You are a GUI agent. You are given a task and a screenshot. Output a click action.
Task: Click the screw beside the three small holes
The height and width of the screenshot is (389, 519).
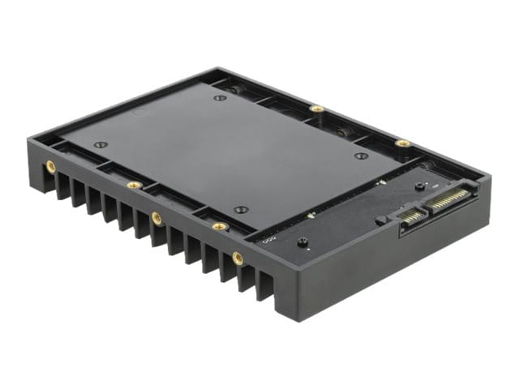coord(302,242)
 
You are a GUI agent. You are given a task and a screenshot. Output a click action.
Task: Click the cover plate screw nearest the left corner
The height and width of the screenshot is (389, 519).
coord(100,145)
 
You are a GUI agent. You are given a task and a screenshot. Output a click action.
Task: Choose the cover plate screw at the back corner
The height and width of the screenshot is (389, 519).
coord(220,98)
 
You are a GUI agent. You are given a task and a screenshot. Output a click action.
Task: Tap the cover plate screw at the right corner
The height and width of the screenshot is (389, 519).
coord(361,156)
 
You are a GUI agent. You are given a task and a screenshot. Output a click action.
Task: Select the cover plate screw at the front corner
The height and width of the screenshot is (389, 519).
coord(239,210)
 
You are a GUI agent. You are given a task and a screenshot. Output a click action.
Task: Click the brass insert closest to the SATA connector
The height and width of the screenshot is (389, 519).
coord(403,143)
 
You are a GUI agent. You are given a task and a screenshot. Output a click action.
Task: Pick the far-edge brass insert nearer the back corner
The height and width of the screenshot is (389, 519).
coord(317,108)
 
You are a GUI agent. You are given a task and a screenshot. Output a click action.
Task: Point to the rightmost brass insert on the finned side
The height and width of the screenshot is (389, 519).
coord(238,257)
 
